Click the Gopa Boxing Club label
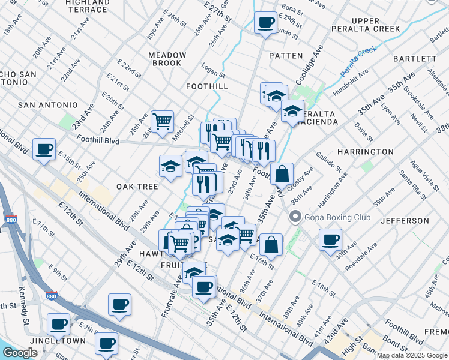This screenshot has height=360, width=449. (x=337, y=217)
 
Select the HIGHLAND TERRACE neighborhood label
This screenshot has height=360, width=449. (x=87, y=6)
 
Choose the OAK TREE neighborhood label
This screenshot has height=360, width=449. (x=137, y=187)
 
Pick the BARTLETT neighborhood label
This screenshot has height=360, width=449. (x=415, y=59)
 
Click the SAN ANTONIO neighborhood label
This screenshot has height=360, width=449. (x=48, y=105)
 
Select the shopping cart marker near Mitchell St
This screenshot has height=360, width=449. (x=162, y=121)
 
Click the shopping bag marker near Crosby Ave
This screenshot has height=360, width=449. (x=282, y=174)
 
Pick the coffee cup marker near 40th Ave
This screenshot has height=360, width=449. (x=330, y=240)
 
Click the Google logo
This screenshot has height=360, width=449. (x=20, y=353)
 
